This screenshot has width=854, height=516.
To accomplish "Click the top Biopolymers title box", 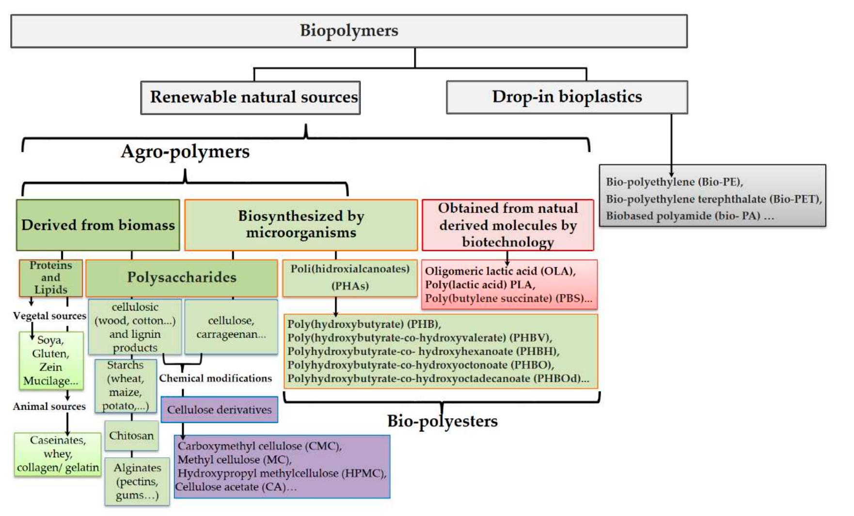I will tap(348, 31).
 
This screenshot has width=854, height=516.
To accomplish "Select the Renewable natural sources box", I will tap(250, 97).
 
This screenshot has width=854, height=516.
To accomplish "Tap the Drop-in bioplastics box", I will tap(567, 97).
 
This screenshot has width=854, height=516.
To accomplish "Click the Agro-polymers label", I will tap(185, 151).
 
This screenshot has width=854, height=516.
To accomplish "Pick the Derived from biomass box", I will tap(98, 225).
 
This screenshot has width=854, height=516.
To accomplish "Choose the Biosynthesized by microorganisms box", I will tap(300, 224).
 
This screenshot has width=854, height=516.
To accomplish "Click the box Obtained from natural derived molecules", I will tap(507, 225).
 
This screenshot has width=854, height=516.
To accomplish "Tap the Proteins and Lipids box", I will tap(50, 278).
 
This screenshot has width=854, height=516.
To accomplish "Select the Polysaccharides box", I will tap(181, 278).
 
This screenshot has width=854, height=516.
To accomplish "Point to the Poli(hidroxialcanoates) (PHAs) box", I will tap(349, 277).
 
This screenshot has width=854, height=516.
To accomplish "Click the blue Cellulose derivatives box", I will tap(219, 410).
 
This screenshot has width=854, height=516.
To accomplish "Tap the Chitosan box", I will tap(131, 435).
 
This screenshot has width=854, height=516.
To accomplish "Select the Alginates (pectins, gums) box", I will tap(137, 482).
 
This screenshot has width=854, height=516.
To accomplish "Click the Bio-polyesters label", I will tap(442, 421).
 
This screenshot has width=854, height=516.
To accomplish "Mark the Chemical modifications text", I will tap(215, 378).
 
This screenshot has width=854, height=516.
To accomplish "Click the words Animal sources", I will tap(49, 406).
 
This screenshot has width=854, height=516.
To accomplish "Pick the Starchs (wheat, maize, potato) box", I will tap(126, 386).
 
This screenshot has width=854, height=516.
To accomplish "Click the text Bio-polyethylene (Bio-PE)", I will tap(674, 182).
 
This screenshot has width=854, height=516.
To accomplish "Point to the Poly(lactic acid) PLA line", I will tap(480, 285).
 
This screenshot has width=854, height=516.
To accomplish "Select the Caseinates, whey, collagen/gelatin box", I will tap(58, 454).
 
